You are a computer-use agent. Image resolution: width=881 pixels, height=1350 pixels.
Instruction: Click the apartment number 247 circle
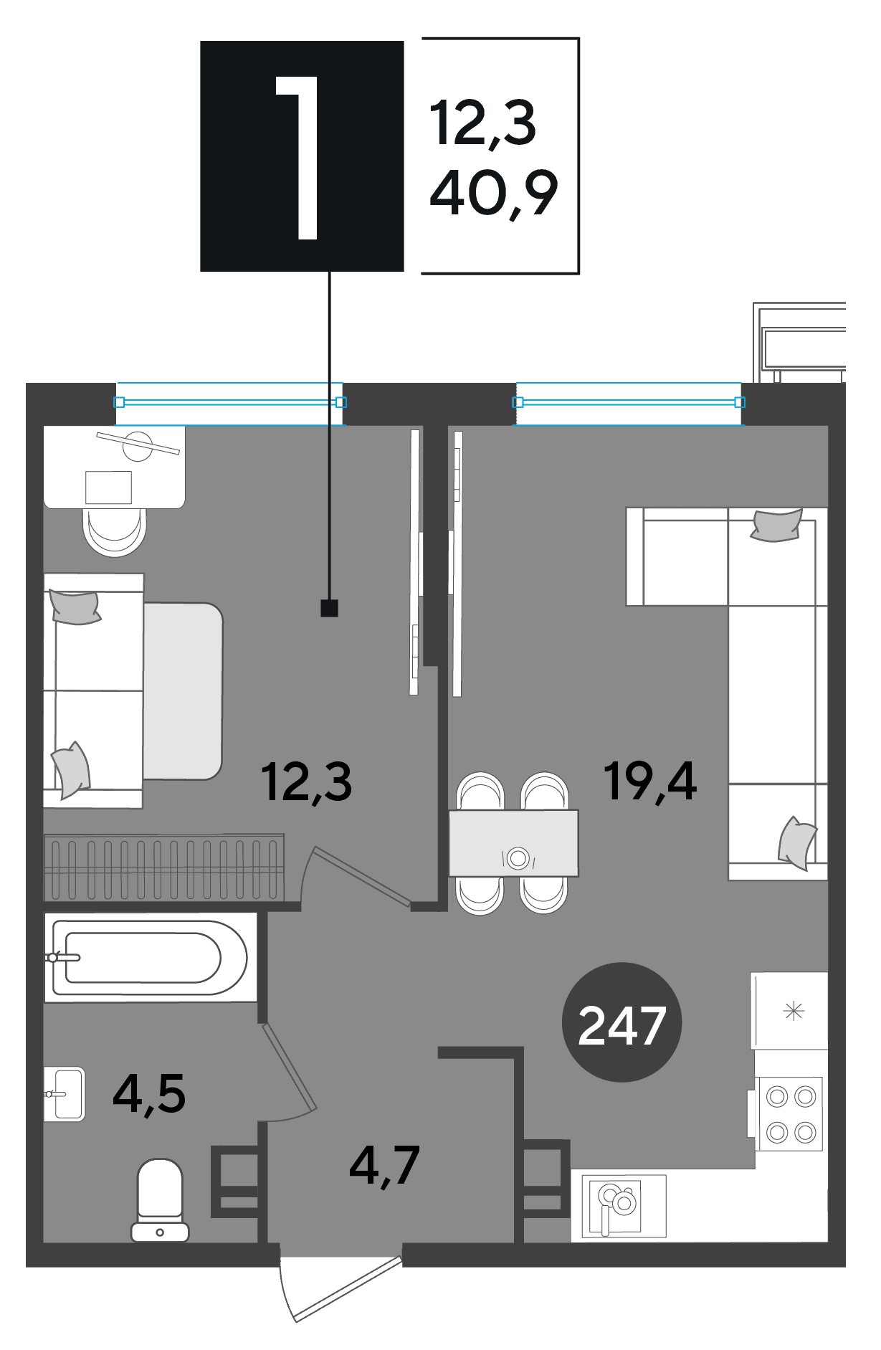click(x=622, y=1022)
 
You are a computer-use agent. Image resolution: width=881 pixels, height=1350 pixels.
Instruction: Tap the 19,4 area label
click(x=649, y=781)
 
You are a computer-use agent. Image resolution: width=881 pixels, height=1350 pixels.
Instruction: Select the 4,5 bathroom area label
click(x=149, y=1094)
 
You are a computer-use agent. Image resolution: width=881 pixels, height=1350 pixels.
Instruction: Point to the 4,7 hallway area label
click(x=384, y=1166)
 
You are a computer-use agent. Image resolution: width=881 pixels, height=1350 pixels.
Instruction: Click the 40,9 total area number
click(x=493, y=194)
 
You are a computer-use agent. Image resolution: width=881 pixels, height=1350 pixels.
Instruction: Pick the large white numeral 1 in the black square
click(x=298, y=157)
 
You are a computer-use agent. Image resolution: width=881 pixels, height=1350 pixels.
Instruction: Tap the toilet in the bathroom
click(x=160, y=1200)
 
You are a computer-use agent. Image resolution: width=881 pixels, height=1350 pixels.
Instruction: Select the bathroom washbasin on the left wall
click(x=65, y=1094)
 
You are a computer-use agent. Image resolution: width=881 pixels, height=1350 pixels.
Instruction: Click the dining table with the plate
click(x=513, y=843)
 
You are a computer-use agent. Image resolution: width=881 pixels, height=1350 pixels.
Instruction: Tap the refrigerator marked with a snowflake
click(x=789, y=1011)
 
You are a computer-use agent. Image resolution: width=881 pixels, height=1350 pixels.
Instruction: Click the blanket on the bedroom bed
click(x=183, y=691)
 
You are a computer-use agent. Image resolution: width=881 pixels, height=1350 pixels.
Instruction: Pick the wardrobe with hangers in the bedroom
click(x=164, y=867)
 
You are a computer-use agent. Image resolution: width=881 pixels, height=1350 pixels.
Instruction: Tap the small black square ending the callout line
click(x=329, y=608)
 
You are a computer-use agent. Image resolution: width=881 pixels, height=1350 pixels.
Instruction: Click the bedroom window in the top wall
click(x=230, y=403)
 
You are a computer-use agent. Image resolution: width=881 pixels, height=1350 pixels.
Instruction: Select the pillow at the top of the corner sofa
click(x=776, y=525)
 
